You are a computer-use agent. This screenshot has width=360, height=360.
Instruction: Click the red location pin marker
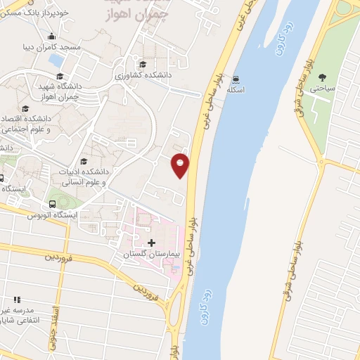[x=181, y=165]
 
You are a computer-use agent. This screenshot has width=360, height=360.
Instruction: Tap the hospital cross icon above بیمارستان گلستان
[x=152, y=243]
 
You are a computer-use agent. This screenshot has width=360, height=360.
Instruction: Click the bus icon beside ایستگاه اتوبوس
[x=51, y=204]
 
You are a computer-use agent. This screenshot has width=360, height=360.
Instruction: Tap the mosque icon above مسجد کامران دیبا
[x=51, y=37]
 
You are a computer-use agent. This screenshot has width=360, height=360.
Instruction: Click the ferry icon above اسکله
[x=236, y=79]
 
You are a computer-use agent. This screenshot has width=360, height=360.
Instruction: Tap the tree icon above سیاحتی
[x=323, y=77]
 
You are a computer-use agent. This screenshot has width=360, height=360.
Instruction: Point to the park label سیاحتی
[x=327, y=89]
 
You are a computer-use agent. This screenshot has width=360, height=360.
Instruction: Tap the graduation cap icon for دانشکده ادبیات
[x=84, y=161]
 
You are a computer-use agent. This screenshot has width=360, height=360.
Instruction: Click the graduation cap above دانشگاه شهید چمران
[x=60, y=77]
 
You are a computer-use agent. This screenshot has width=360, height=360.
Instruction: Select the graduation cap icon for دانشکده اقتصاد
[x=26, y=108]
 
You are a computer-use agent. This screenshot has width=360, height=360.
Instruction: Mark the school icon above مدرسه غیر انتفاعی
[x=17, y=300]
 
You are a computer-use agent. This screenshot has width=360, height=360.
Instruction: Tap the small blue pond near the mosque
[x=56, y=61]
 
